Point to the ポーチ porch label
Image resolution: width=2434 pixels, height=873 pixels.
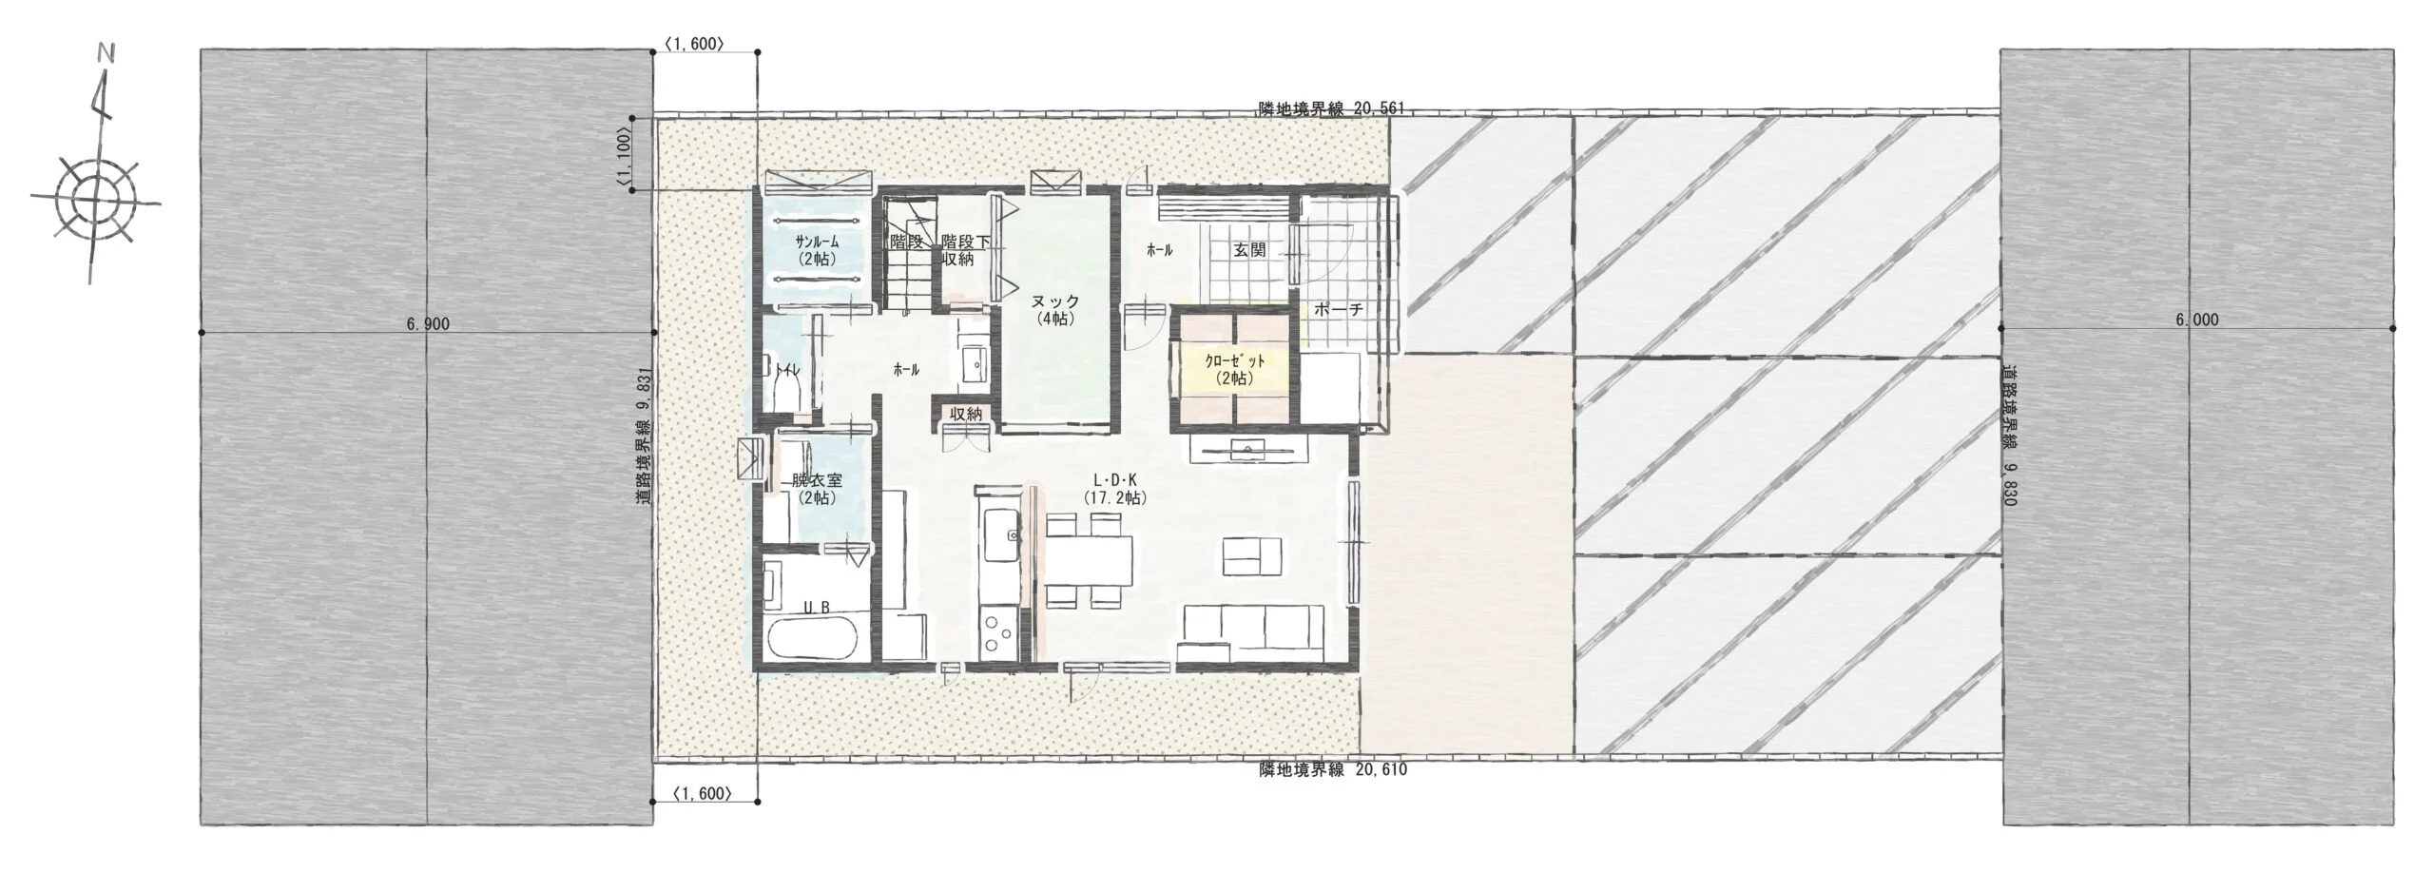(1339, 309)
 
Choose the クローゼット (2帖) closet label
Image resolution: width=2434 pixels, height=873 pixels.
(1235, 369)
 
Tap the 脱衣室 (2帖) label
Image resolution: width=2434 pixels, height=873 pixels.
(816, 489)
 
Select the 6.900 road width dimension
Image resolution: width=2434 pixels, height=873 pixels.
(427, 324)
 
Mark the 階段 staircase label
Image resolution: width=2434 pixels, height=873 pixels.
(908, 242)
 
